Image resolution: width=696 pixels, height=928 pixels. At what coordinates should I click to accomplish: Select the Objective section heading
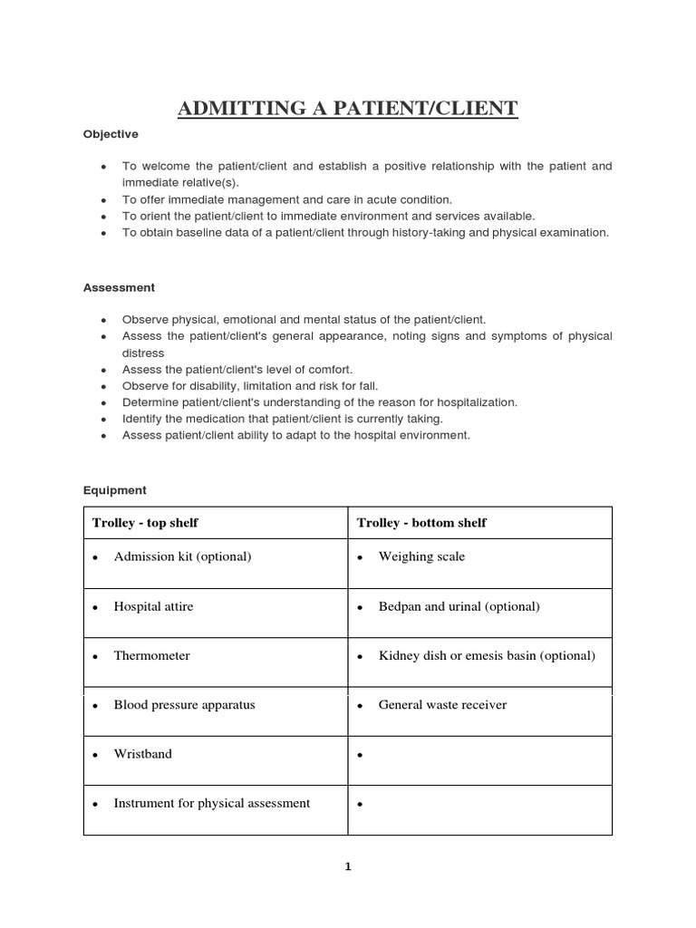coord(111,134)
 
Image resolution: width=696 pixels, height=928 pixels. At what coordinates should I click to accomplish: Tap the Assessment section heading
coord(119,287)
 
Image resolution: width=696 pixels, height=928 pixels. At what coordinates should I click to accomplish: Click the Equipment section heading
coord(114,490)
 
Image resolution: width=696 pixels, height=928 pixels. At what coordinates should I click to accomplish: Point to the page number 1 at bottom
coord(347,866)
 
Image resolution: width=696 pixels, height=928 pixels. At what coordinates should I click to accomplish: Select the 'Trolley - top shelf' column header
coord(145,523)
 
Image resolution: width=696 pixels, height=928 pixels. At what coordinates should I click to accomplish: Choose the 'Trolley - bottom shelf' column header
coord(421,523)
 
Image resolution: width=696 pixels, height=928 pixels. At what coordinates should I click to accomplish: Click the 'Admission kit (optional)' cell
coord(182,556)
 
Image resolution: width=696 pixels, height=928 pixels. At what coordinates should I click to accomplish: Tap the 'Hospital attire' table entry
coord(153,606)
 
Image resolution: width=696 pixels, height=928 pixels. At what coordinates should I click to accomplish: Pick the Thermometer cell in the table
coord(151,655)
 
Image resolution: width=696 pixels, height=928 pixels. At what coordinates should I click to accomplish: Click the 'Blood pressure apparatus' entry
coord(184,704)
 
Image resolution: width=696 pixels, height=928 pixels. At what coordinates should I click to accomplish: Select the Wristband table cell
coord(142,754)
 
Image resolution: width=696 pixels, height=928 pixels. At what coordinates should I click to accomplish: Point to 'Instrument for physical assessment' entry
coord(211,803)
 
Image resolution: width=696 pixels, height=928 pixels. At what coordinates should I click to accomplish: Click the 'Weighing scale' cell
coord(421,556)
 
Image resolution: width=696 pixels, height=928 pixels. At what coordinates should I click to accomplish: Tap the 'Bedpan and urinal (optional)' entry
coord(459,606)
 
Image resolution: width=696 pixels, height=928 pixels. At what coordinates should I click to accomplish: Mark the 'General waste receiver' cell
coord(442,704)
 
